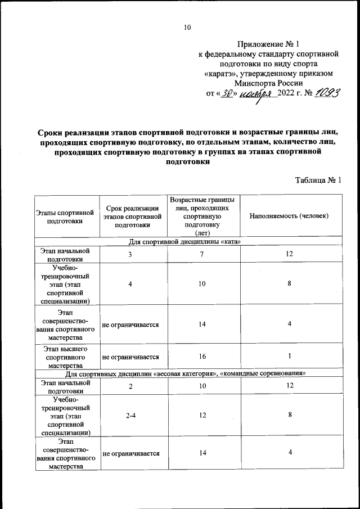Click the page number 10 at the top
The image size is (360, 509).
188,26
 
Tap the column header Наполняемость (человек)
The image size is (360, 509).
289,216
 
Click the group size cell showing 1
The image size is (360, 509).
289,357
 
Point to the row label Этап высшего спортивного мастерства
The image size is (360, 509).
66,357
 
